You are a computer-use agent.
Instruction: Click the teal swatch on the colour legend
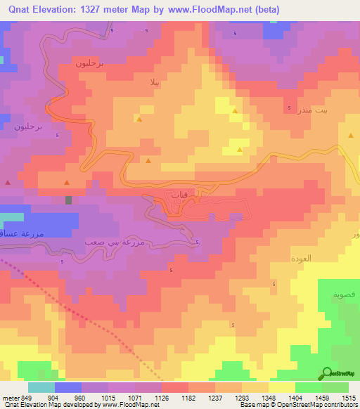tap(41, 387)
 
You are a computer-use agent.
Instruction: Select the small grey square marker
tap(68, 200)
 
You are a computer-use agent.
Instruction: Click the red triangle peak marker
tap(8, 182)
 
